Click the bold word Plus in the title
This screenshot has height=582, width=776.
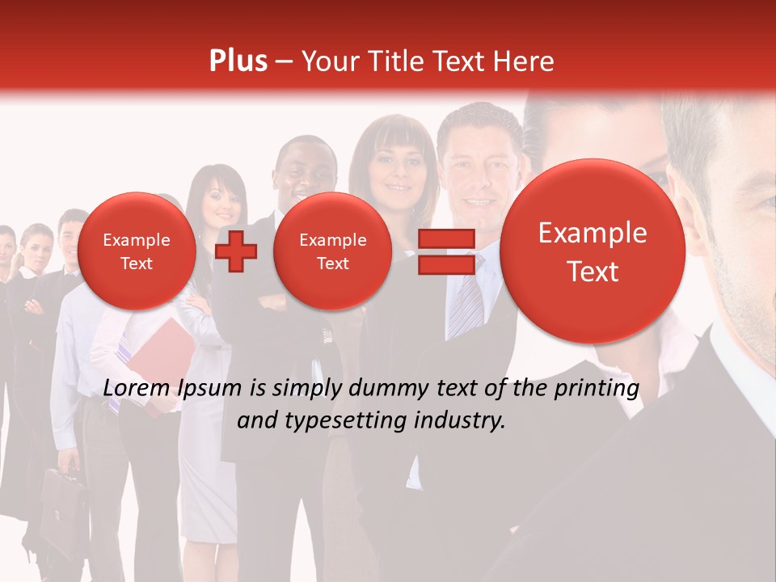pyautogui.click(x=238, y=61)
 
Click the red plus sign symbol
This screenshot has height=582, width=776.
pyautogui.click(x=236, y=251)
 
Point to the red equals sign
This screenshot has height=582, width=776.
pyautogui.click(x=445, y=251)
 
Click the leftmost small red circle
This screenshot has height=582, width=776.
pyautogui.click(x=137, y=251)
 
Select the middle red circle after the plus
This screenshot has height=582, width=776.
pyautogui.click(x=332, y=251)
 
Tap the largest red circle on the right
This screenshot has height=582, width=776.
pyautogui.click(x=593, y=251)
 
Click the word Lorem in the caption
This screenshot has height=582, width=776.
pyautogui.click(x=137, y=389)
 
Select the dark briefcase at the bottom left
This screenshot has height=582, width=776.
pyautogui.click(x=62, y=509)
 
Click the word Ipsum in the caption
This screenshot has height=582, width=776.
pyautogui.click(x=209, y=389)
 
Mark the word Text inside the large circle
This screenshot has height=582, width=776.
pyautogui.click(x=593, y=272)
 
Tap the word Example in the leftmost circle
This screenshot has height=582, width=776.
pyautogui.click(x=137, y=240)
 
